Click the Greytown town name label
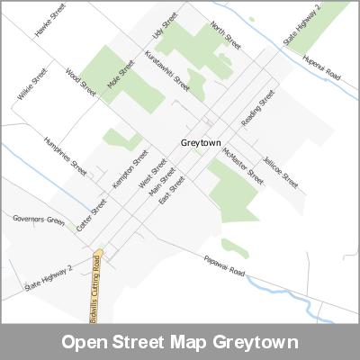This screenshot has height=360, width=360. [x=202, y=142]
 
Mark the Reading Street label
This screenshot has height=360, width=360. [x=257, y=109]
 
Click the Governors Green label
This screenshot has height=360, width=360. [x=39, y=220]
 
